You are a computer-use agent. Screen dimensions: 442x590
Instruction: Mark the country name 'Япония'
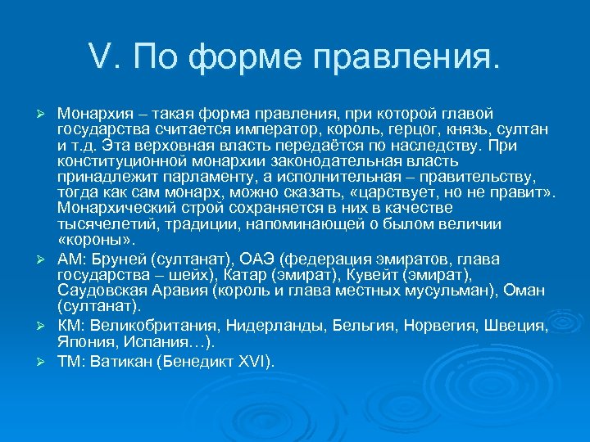pyautogui.click(x=84, y=342)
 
